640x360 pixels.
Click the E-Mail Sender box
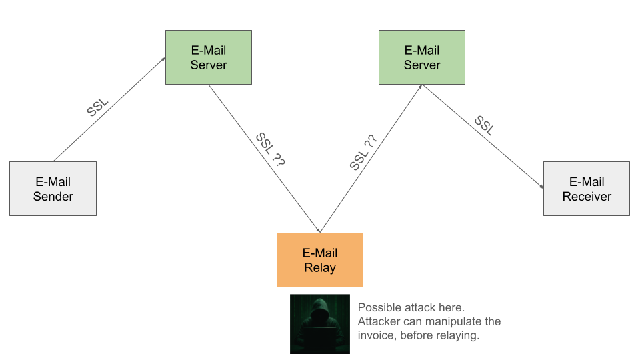pos(53,189)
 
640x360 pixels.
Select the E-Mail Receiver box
pos(587,189)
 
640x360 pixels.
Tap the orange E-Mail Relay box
pos(320,260)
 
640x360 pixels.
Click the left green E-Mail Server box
pos(209,57)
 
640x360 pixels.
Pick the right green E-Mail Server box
pos(422,57)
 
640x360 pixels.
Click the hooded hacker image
pos(320,323)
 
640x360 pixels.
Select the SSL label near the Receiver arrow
pos(484,125)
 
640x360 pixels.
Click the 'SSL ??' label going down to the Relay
pos(269,149)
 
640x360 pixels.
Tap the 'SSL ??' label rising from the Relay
pos(363,152)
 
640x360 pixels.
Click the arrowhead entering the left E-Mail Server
pos(163,59)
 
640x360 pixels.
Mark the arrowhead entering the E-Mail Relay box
pos(320,230)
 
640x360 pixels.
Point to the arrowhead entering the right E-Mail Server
pos(420,87)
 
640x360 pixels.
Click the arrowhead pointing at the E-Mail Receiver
pos(541,187)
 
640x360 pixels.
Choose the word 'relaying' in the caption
pos(456,335)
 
